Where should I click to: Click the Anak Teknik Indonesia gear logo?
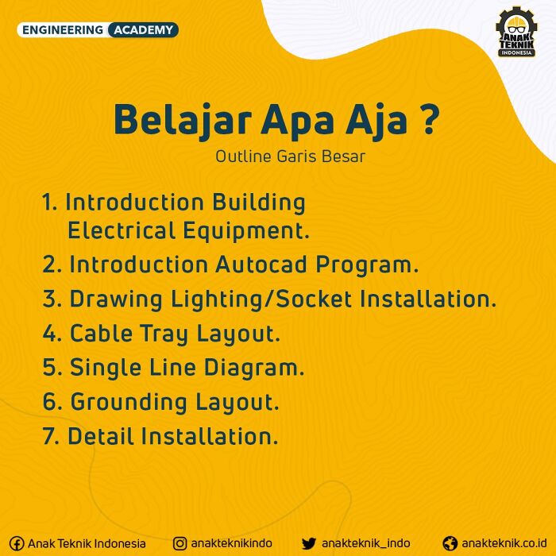click(516, 32)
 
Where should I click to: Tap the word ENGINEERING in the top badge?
click(63, 30)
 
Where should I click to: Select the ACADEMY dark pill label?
click(143, 30)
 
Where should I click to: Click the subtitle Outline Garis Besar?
click(291, 156)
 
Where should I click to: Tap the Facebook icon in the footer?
click(17, 543)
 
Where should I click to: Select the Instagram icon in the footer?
click(180, 543)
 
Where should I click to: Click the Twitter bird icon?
click(309, 543)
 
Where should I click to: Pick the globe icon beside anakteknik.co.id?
click(450, 543)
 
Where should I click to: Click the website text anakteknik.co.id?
click(504, 542)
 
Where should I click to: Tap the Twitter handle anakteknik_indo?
click(365, 543)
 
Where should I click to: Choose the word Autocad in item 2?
click(261, 264)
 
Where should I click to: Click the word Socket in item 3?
click(314, 299)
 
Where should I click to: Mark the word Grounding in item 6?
click(129, 402)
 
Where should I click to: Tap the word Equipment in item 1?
click(246, 231)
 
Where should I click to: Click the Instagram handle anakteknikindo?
click(232, 542)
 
